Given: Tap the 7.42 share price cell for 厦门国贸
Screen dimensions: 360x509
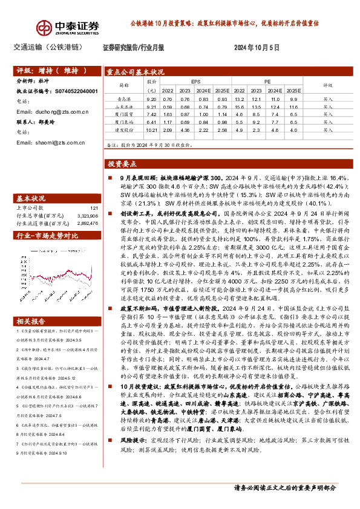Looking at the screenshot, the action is click(151, 114).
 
